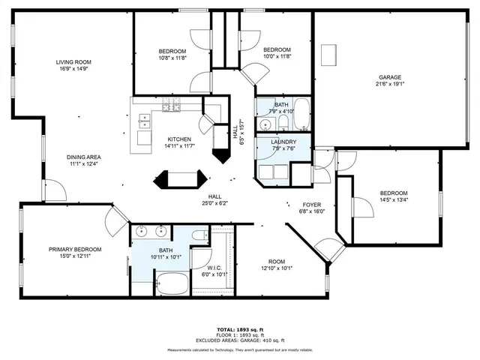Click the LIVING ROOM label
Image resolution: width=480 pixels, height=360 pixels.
pos(73,61)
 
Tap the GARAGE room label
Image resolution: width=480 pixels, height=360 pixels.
pos(389,77)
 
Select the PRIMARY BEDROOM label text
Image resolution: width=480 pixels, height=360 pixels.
pos(75,249)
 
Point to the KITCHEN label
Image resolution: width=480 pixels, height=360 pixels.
pos(179,139)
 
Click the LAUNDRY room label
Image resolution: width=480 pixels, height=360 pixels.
pos(283,141)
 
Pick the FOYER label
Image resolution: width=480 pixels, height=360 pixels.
pos(312,204)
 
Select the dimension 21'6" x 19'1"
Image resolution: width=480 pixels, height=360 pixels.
pos(389,85)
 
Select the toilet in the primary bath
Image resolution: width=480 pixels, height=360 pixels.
pos(199,238)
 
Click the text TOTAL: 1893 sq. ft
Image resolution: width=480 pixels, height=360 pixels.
pos(239,329)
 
